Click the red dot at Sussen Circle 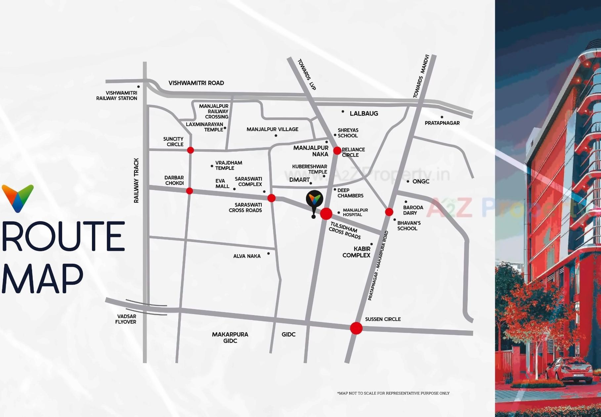click(x=356, y=328)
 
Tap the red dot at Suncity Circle click(x=191, y=150)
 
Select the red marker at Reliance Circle click(x=337, y=151)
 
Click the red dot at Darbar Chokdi click(x=190, y=191)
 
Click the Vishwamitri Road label click(x=196, y=83)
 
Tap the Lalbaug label click(x=364, y=114)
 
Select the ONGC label click(x=421, y=181)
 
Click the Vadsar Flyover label click(x=126, y=319)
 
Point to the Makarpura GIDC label click(x=230, y=338)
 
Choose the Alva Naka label click(x=247, y=256)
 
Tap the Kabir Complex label click(x=357, y=252)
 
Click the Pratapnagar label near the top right click(x=442, y=123)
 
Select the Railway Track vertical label click(x=136, y=180)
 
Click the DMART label click(x=299, y=180)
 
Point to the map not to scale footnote click(x=393, y=393)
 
